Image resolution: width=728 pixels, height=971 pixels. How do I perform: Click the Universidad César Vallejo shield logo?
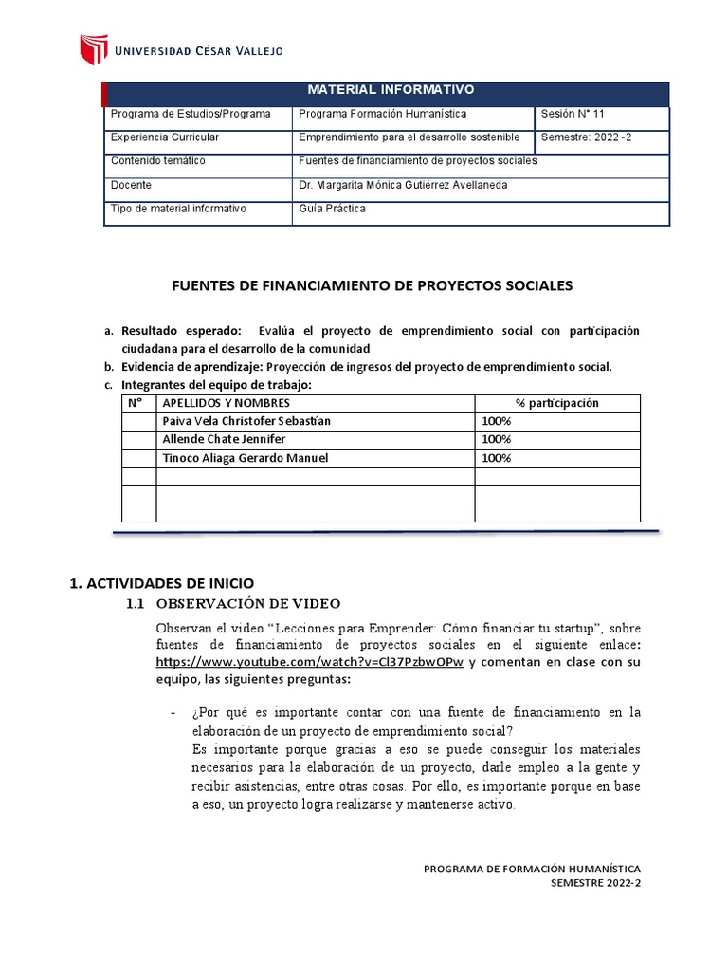[93, 49]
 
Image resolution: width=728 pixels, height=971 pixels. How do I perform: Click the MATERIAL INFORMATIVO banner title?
[391, 90]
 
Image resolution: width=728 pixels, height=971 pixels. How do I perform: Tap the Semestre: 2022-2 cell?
[586, 137]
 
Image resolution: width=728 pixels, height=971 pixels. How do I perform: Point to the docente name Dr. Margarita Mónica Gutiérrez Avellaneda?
[402, 185]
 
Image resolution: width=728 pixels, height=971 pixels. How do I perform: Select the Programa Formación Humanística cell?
[382, 114]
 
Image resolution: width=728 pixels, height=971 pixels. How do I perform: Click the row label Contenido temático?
[157, 161]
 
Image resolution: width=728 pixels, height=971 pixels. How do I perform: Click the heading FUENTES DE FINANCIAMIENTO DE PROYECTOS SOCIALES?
[371, 284]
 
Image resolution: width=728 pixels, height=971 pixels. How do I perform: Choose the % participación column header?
[556, 403]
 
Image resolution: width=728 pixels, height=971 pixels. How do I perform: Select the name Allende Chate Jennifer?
[224, 439]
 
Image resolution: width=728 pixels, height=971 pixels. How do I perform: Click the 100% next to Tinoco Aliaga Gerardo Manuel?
[496, 458]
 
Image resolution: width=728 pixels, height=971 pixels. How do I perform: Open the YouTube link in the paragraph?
[309, 663]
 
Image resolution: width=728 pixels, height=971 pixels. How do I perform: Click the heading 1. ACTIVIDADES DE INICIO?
[163, 582]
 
